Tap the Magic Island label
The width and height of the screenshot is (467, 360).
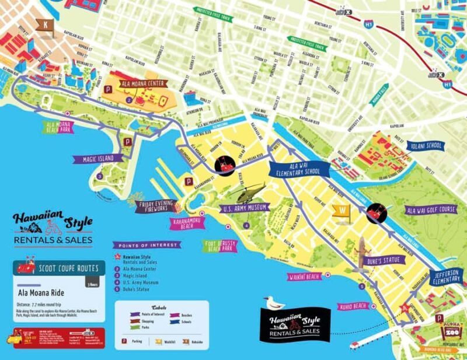(97, 158)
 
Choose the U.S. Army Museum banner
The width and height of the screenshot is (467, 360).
(245, 207)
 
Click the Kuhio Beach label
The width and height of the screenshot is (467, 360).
(353, 306)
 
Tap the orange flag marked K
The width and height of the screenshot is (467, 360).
(44, 25)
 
